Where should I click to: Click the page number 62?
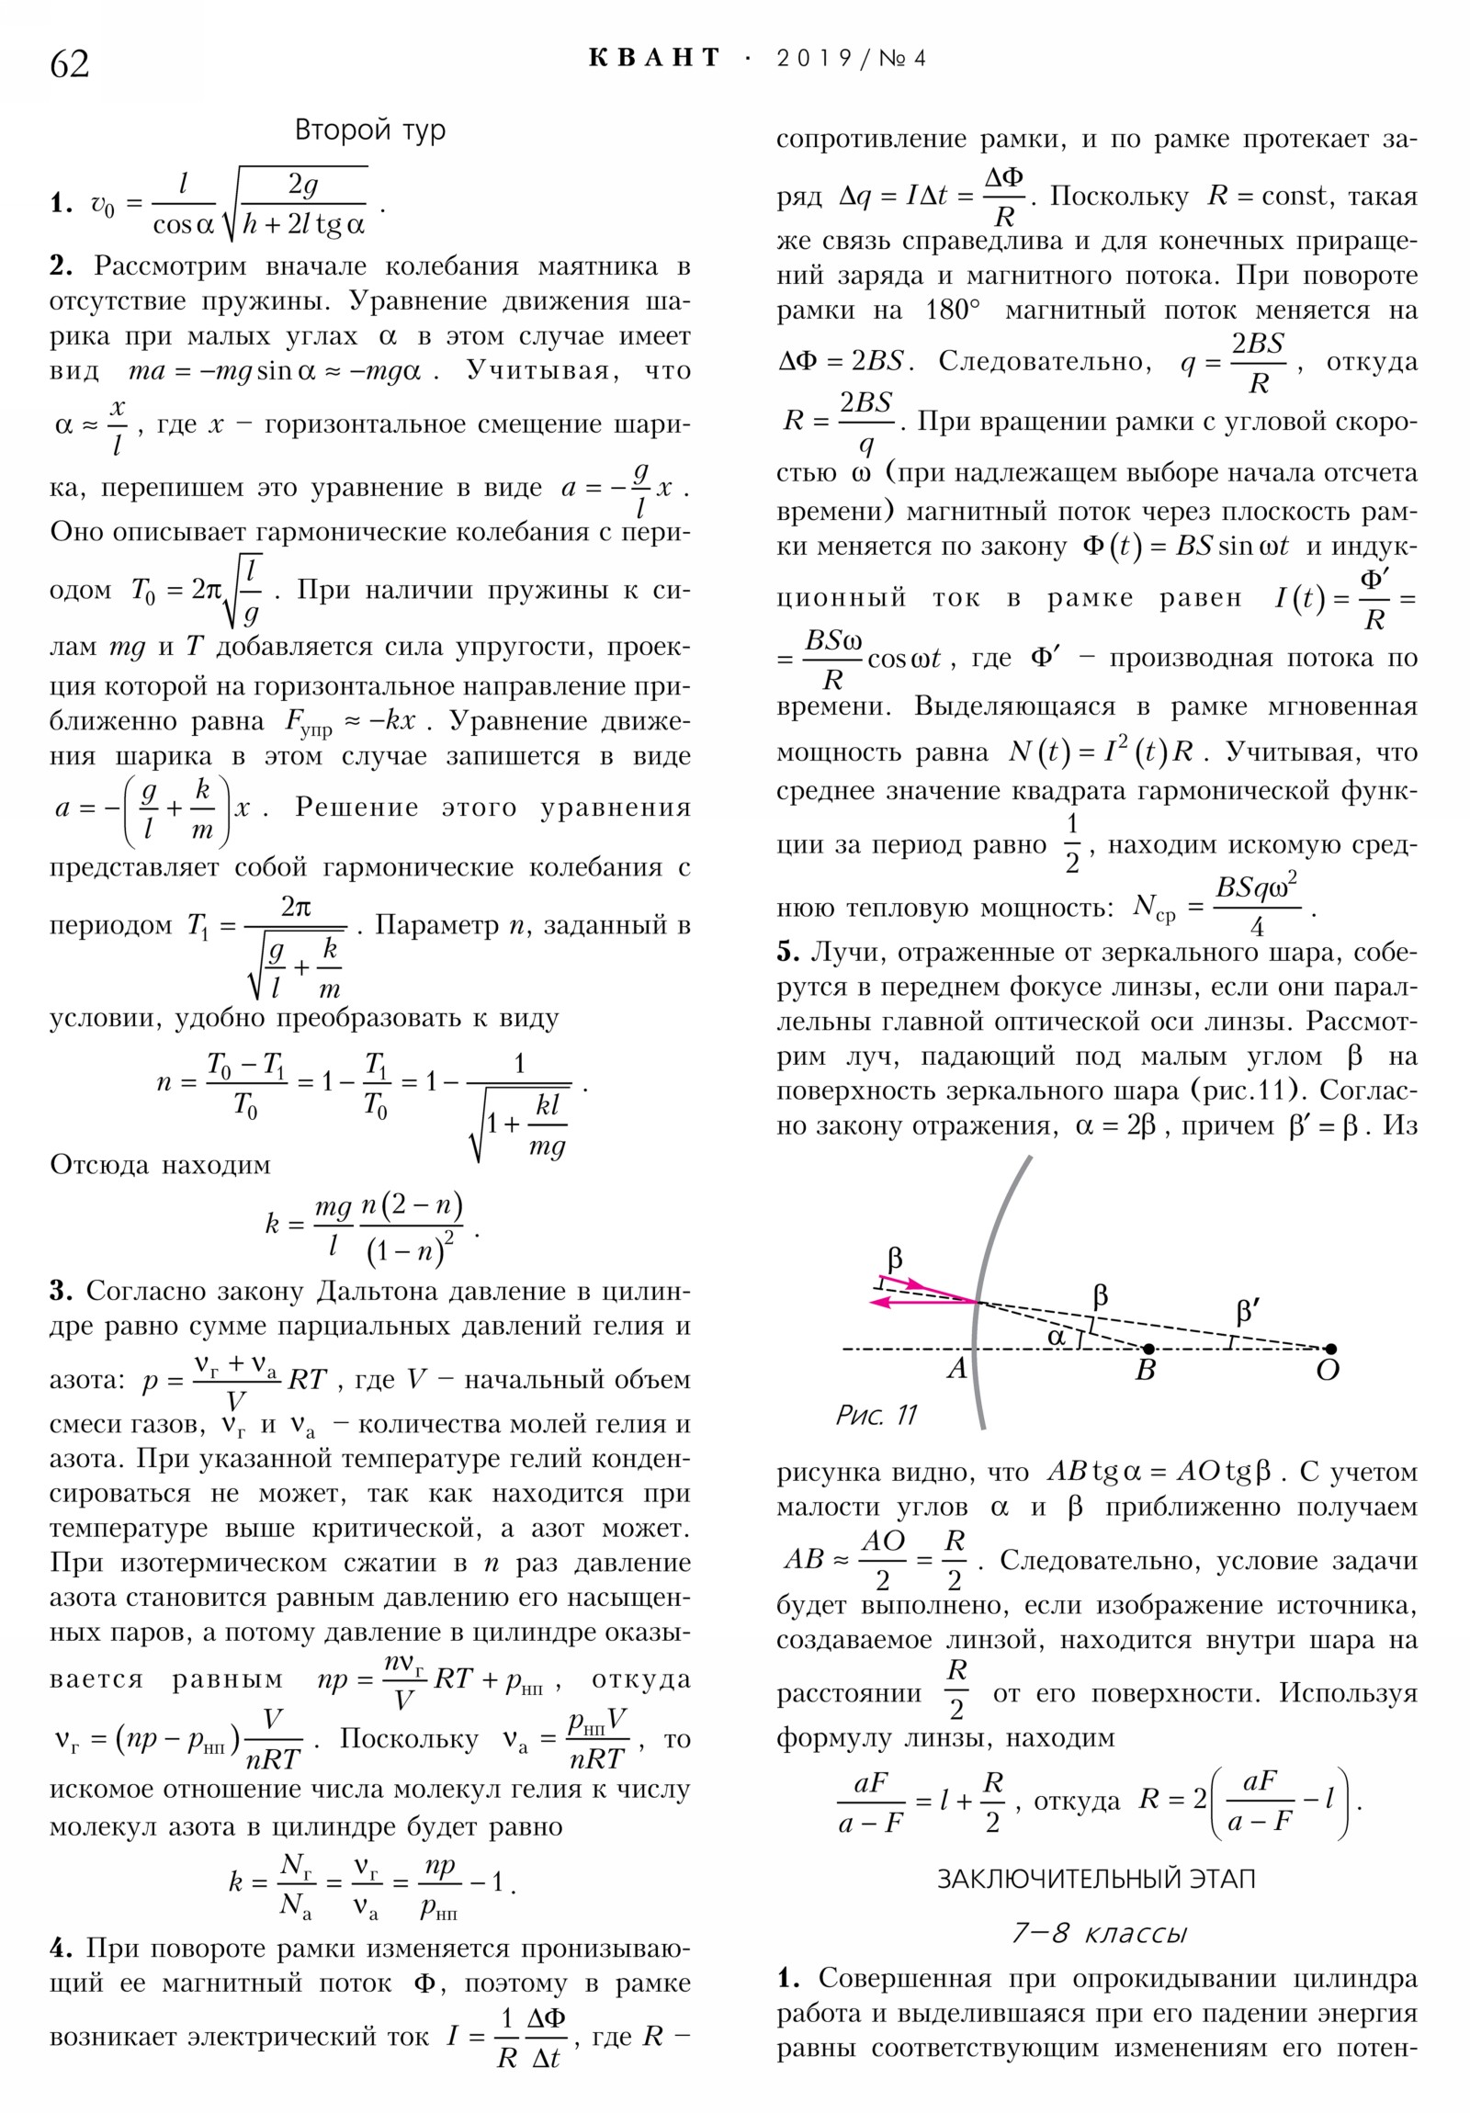70,64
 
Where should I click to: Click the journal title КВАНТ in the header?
654,58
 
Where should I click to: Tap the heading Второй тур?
370,130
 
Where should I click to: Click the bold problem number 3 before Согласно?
59,1290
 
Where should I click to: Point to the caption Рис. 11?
876,1414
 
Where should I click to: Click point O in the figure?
1329,1350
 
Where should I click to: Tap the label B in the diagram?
1145,1372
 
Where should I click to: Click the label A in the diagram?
957,1370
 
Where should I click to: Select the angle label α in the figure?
1057,1336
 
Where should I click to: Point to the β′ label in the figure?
1249,1310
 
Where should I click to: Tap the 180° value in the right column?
953,311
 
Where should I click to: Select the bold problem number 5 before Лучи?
787,952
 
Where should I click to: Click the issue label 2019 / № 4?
851,59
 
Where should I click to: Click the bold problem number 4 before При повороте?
60,1948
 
